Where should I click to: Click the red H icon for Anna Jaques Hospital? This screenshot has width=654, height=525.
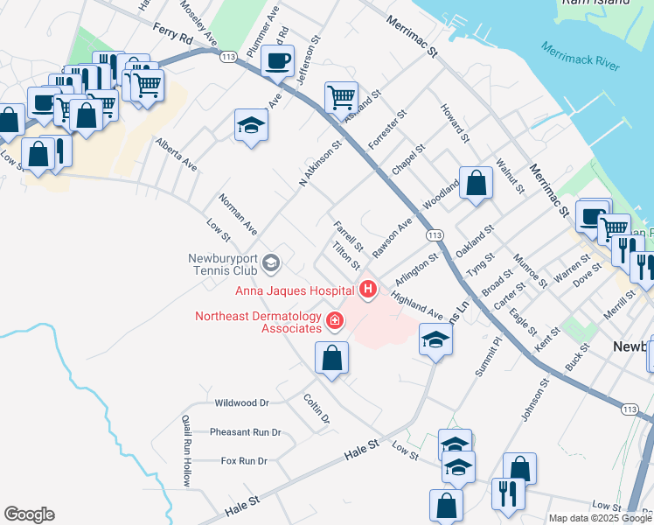pos(369,288)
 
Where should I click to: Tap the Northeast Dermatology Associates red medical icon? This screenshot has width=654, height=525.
pos(333,322)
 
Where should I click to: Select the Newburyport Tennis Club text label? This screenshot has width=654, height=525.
pos(226,264)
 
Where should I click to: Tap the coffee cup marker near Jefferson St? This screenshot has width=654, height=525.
pos(278,62)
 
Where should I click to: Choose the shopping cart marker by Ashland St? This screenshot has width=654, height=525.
pos(340,96)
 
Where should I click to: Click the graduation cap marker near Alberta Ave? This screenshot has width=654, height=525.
pos(251,125)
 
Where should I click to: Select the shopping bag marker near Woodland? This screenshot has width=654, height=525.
pos(476,183)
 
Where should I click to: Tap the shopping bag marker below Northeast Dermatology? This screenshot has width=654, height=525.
pos(331,357)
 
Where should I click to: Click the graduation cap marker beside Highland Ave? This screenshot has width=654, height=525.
pos(435,339)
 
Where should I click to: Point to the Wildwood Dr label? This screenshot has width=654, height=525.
pos(241,403)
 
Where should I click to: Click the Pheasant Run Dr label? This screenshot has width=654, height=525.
pos(245,432)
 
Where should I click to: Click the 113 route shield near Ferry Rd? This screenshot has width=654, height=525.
pos(228,57)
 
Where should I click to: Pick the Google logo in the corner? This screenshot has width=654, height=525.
pos(29,514)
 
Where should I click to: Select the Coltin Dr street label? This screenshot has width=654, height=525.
pos(317,409)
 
